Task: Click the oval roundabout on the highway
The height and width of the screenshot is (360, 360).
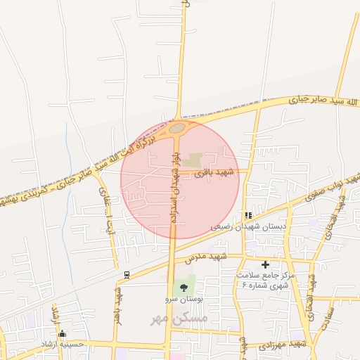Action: click(176, 128)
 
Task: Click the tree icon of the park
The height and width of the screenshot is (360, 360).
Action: click(184, 287)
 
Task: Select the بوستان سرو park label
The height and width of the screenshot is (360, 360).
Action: click(184, 300)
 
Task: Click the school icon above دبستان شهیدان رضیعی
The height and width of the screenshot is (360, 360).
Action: click(247, 215)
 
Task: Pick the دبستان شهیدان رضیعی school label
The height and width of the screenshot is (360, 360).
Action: click(249, 227)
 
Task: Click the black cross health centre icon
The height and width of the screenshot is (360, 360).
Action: click(265, 264)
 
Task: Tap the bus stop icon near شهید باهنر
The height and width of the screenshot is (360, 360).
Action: click(126, 274)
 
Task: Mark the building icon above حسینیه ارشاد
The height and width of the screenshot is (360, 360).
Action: click(63, 333)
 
